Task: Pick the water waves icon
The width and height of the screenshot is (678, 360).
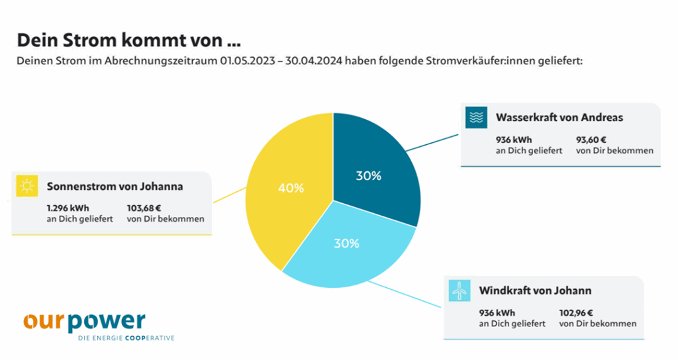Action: point(476,118)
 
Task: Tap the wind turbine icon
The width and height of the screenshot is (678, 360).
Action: point(459,291)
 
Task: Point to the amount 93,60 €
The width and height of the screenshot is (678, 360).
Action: point(591,140)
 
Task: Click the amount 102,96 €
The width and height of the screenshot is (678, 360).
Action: point(575,313)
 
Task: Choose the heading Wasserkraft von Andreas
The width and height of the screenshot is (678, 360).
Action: point(559,118)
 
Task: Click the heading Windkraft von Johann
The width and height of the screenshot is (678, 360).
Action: point(535,291)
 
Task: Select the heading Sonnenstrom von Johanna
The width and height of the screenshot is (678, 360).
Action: point(115,186)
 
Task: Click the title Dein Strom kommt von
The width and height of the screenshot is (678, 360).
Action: point(128,40)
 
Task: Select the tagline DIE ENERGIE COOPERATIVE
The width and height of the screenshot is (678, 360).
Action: point(126,338)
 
